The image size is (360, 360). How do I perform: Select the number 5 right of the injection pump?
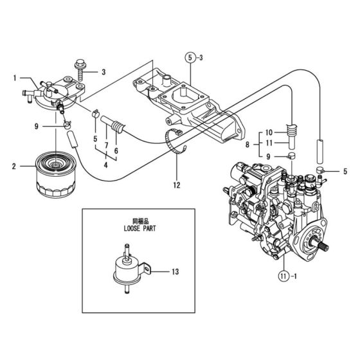345,171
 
